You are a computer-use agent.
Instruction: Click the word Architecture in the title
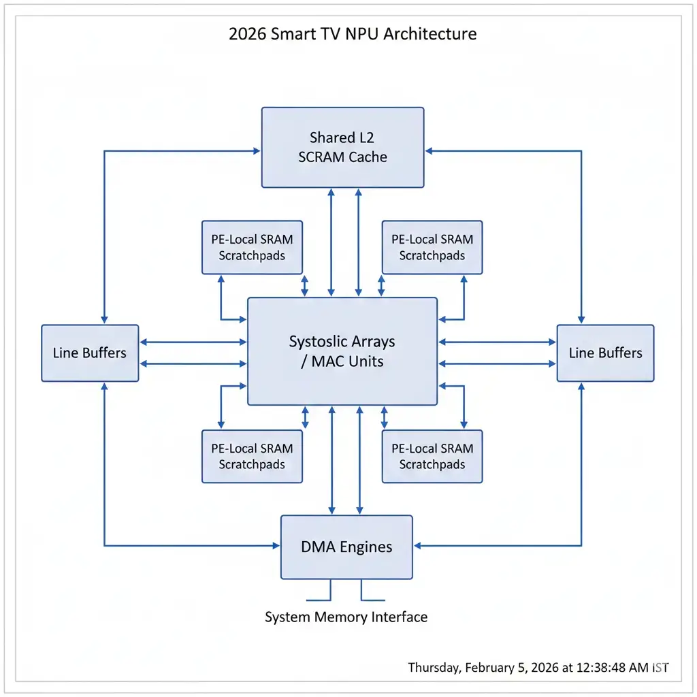coord(430,33)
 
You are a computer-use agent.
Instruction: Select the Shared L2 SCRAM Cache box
coord(342,147)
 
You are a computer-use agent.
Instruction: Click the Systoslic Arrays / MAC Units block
coord(342,351)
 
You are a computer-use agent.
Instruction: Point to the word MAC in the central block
coord(329,361)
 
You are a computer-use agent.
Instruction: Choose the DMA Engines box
coord(346,547)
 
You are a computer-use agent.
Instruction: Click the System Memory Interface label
coord(346,617)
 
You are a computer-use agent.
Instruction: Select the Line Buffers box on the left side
coord(90,353)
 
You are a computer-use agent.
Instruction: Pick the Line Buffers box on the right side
coord(605,353)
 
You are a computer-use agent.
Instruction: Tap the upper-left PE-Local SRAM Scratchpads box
coord(252,247)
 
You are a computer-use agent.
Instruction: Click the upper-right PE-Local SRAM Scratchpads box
coord(432,247)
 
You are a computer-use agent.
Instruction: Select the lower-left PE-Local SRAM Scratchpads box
coord(252,456)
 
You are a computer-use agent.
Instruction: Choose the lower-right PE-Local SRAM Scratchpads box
coord(432,456)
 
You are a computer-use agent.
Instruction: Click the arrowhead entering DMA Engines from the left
coord(276,545)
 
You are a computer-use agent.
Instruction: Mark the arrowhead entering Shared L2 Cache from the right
coord(428,151)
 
